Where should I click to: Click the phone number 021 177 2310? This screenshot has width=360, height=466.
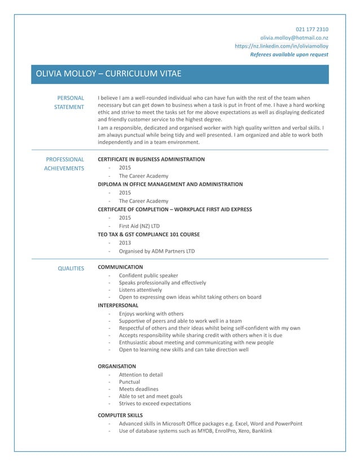coord(312,29)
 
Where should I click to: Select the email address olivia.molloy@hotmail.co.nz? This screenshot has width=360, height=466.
coord(294,37)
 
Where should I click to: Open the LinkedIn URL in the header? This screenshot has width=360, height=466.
coord(281,46)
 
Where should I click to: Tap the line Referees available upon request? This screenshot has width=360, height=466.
coord(289,55)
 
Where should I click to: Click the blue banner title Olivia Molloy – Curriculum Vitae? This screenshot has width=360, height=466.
coord(108,74)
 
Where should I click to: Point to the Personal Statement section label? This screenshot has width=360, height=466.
coord(71,102)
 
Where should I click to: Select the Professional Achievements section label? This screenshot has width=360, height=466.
coord(64,164)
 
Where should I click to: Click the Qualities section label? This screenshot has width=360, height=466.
coord(71,269)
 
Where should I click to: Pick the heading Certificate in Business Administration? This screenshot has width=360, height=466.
coord(151,160)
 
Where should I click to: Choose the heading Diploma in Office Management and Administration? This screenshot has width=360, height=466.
coord(170,184)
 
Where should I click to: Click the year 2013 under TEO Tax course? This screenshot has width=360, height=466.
coord(125,243)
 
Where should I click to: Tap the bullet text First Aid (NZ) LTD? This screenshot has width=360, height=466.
coord(139,226)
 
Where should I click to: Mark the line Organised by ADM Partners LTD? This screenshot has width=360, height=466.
coord(156,251)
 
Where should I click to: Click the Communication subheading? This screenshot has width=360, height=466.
coord(120,267)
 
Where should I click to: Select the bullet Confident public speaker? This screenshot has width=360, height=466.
coord(148,275)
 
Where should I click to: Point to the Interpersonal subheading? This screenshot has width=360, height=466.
coord(118,305)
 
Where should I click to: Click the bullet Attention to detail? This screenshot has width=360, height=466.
coord(141,375)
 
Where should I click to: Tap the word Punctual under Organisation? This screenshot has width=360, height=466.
coord(129,382)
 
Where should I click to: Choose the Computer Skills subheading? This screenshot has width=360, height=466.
coord(120,415)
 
